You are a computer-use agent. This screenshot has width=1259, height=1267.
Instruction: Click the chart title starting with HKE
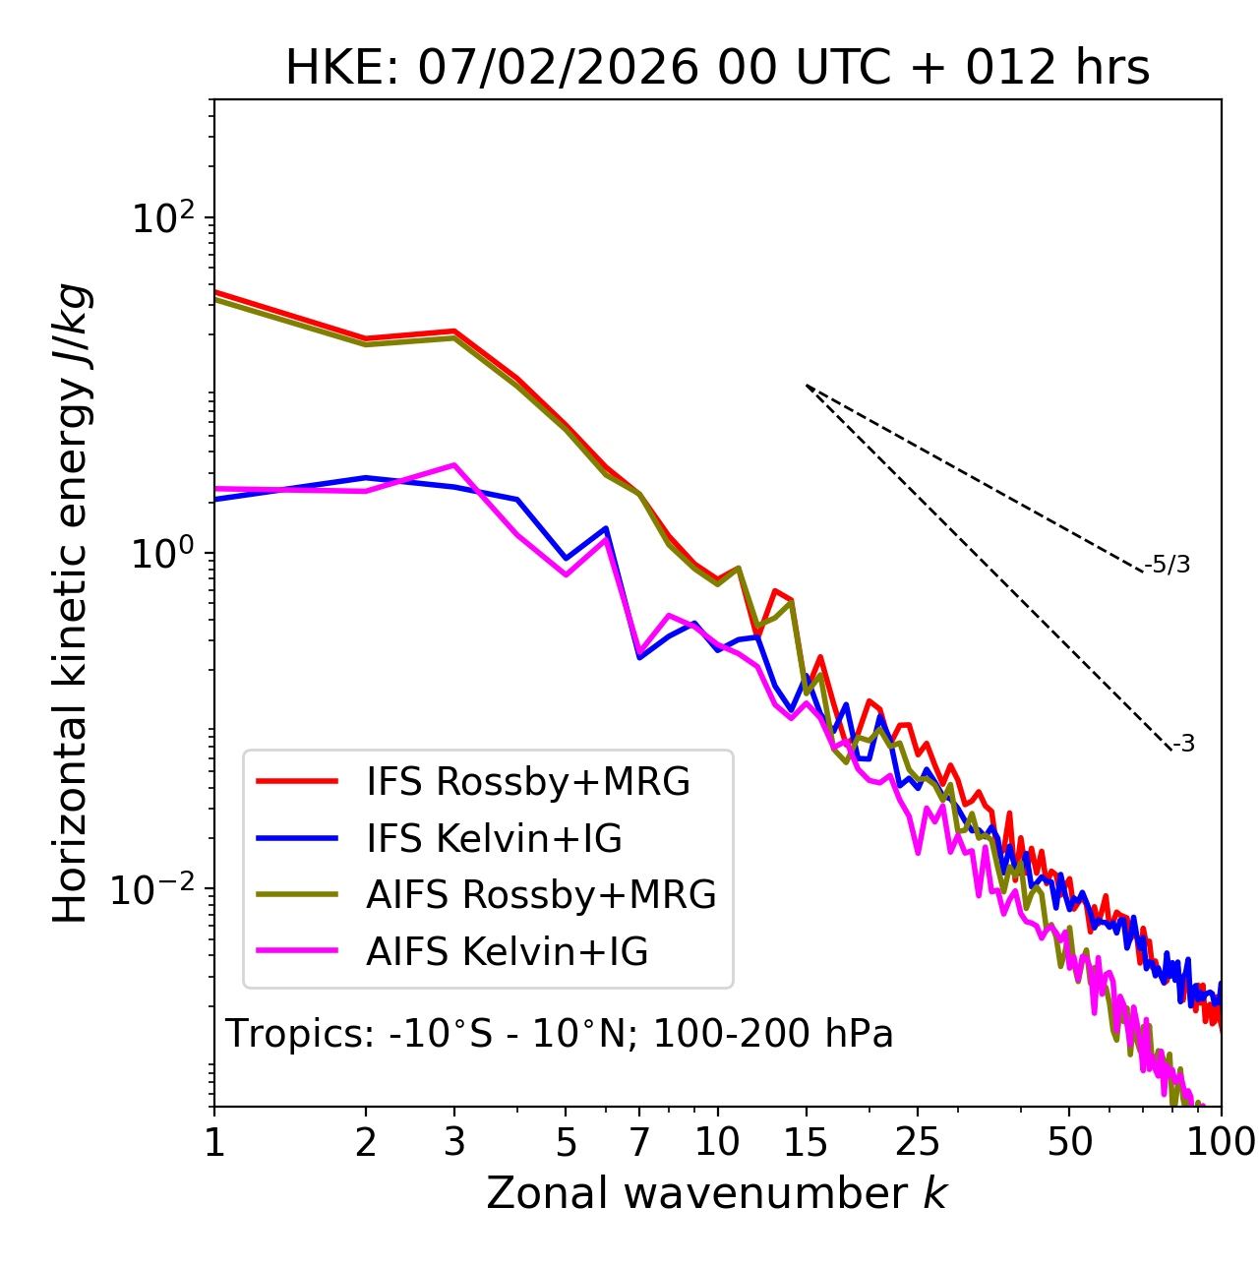pos(717,69)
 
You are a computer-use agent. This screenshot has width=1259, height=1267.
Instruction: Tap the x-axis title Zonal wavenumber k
pos(716,1193)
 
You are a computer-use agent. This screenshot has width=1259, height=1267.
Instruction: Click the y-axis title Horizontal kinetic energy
pos(71,603)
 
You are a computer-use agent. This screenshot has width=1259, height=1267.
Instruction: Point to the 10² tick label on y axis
pos(162,218)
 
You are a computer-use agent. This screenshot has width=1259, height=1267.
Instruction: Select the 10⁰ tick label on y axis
pos(162,554)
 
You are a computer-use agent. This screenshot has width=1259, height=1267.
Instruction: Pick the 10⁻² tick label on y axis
pos(157,890)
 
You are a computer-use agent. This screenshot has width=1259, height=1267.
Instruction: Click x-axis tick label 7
pos(639,1142)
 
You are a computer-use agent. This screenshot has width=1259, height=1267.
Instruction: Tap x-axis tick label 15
pos(806,1142)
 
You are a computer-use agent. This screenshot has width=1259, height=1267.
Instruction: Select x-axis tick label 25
pos(918,1142)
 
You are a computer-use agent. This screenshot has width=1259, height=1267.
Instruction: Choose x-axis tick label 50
pos(1069,1142)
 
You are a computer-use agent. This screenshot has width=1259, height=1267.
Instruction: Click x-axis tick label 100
pos(1221,1142)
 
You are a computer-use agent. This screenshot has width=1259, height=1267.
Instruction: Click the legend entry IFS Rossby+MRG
pos(527,782)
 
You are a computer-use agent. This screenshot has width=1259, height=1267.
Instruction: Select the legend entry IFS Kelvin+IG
pos(494,839)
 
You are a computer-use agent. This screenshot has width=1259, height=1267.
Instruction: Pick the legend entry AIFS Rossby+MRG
pos(541,895)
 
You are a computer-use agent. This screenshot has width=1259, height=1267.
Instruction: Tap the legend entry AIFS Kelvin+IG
pos(507,952)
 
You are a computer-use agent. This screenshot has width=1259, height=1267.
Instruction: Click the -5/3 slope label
pos(1168,566)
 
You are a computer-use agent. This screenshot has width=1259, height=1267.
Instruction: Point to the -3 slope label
pos(1183,745)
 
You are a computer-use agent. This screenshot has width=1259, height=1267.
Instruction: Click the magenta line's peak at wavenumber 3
pos(453,464)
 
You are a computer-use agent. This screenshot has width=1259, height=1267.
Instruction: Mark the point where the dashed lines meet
pos(806,385)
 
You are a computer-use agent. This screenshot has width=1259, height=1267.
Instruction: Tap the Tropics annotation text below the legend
pos(560,1034)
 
